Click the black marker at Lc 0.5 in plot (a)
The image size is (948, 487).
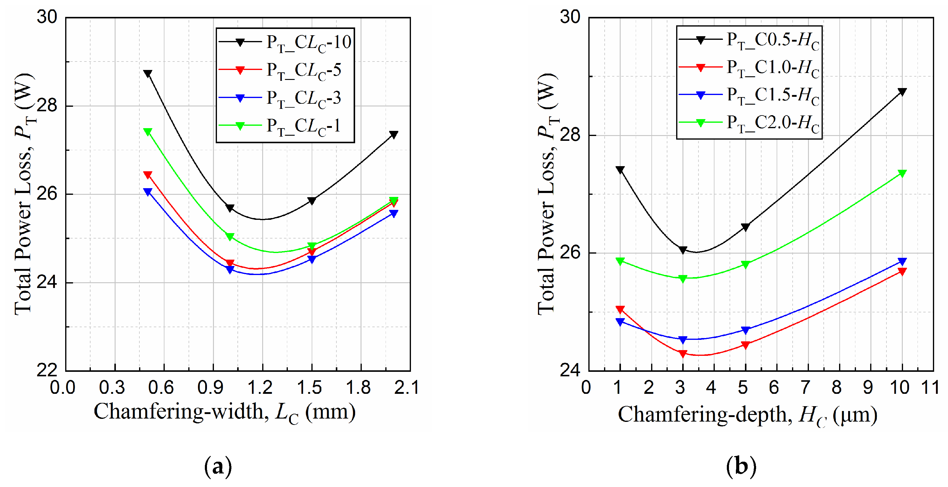pyautogui.click(x=148, y=74)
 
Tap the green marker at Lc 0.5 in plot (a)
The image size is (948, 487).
pyautogui.click(x=148, y=132)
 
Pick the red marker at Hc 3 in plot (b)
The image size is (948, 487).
pyautogui.click(x=683, y=353)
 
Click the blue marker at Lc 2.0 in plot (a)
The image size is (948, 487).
pyautogui.click(x=393, y=213)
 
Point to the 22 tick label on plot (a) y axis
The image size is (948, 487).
pyautogui.click(x=47, y=370)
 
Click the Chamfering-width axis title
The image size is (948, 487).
pyautogui.click(x=224, y=412)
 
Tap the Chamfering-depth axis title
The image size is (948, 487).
pyautogui.click(x=747, y=415)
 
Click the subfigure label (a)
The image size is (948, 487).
pyautogui.click(x=218, y=466)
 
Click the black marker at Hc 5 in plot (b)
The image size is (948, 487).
pyautogui.click(x=745, y=227)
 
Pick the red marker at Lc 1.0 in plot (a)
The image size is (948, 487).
pyautogui.click(x=230, y=263)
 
